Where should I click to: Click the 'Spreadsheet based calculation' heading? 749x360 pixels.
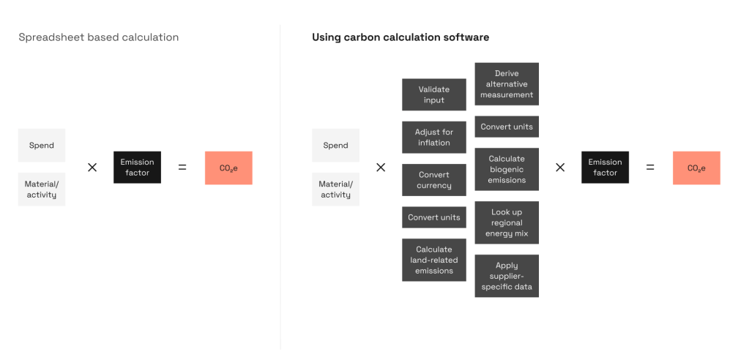click(x=99, y=37)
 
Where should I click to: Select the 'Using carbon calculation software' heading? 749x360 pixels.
click(x=400, y=37)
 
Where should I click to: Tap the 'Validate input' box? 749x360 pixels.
click(x=434, y=94)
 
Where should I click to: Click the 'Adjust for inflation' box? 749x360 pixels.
click(x=434, y=138)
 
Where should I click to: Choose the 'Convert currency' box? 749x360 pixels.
click(x=434, y=180)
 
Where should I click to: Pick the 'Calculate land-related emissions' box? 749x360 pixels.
click(x=434, y=260)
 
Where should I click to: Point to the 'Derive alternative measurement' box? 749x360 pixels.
click(x=507, y=84)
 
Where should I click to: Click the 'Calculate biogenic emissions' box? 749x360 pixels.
click(x=507, y=169)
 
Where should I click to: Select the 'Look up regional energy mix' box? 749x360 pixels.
click(x=507, y=222)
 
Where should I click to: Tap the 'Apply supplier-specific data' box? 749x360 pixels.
click(x=507, y=276)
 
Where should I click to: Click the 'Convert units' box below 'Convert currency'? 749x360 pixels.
click(x=434, y=217)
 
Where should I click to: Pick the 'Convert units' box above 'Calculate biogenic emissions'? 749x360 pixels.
click(x=507, y=127)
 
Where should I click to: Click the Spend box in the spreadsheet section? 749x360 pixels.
click(x=42, y=145)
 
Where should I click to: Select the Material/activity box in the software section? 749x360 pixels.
click(x=335, y=190)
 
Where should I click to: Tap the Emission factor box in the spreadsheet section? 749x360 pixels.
click(x=137, y=168)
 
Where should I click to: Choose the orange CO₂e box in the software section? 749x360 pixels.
click(x=696, y=168)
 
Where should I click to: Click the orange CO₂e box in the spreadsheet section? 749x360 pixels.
click(x=228, y=168)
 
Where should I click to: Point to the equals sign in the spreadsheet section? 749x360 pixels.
click(x=182, y=168)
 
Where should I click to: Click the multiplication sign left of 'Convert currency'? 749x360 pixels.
click(x=381, y=168)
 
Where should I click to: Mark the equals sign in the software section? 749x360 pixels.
click(x=650, y=168)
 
